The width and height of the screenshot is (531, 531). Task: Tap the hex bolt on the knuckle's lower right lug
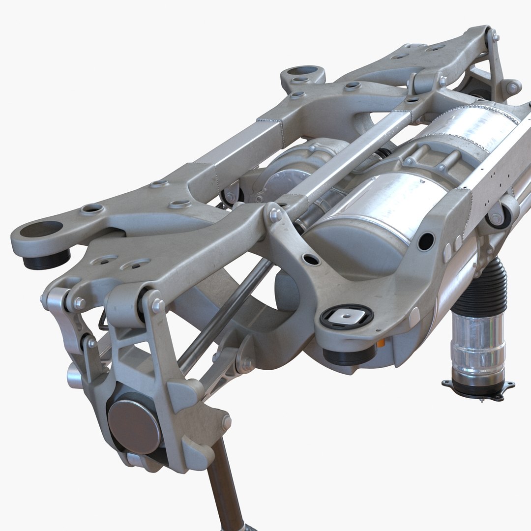pyautogui.click(x=226, y=422)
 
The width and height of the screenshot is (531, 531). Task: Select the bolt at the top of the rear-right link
pyautogui.click(x=494, y=36)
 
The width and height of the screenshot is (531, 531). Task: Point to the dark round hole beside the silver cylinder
pyautogui.click(x=426, y=241)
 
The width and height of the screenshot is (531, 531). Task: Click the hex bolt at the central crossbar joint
pyautogui.click(x=275, y=214)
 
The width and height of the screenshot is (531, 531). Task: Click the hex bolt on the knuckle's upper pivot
pyautogui.click(x=158, y=305)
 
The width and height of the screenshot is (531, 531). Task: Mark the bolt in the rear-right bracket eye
pyautogui.click(x=513, y=88)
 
